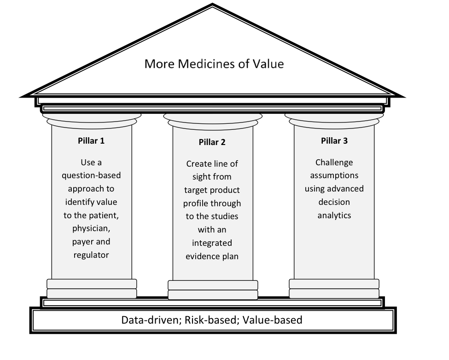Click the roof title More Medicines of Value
click(x=214, y=63)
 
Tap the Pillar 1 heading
click(x=91, y=141)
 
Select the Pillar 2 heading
click(x=212, y=142)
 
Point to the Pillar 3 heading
click(x=334, y=141)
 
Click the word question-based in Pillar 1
click(x=91, y=175)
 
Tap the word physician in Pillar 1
click(x=91, y=228)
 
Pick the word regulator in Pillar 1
click(x=91, y=255)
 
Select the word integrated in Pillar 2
click(x=212, y=243)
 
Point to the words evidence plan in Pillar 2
click(x=212, y=256)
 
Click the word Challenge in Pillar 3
click(x=334, y=163)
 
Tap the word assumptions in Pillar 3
click(x=334, y=175)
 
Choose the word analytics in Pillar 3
click(x=334, y=215)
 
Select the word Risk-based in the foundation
click(x=210, y=320)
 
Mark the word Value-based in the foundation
click(x=273, y=320)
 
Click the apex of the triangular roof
click(x=212, y=7)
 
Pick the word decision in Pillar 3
click(x=334, y=202)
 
